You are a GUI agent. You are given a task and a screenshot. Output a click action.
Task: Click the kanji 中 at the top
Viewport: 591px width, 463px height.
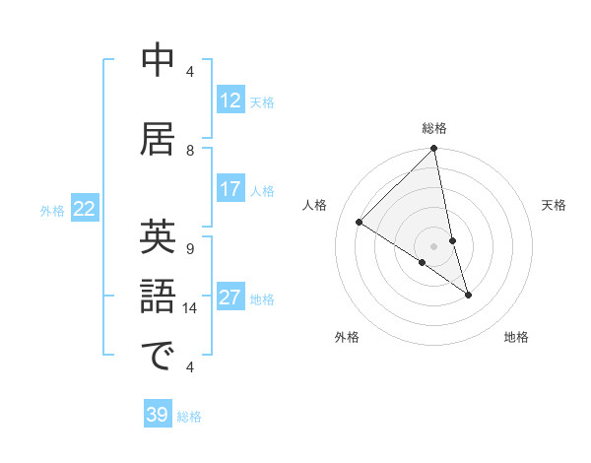point(159,61)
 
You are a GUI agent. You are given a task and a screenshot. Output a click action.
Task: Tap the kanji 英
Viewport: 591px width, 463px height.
point(159,237)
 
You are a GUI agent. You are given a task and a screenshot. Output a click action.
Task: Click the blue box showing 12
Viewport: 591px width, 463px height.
point(230,100)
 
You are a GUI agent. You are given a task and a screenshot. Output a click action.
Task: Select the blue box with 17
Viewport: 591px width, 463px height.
point(230,189)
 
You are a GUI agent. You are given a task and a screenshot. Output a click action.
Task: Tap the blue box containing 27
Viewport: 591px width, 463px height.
point(230,298)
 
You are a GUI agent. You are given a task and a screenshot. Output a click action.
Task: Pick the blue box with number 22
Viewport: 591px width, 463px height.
point(85,208)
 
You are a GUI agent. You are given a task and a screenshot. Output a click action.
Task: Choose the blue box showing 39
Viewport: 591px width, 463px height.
point(158,415)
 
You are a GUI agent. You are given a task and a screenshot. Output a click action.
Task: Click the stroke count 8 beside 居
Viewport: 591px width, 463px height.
point(190,150)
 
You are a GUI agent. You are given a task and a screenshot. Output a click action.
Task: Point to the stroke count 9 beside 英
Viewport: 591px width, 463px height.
point(190,248)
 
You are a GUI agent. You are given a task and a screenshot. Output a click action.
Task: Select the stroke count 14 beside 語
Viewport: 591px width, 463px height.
point(190,308)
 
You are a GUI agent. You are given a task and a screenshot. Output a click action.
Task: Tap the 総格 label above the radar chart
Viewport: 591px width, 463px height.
point(433,128)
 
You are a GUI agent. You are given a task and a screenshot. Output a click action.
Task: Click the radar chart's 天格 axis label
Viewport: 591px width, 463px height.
point(554,205)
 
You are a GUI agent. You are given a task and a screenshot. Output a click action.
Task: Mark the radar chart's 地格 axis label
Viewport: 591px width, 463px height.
point(516,338)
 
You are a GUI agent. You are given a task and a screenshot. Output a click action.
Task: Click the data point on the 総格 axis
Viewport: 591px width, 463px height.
point(433,150)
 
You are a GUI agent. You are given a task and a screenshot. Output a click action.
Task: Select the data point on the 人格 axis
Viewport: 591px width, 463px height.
point(360,222)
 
